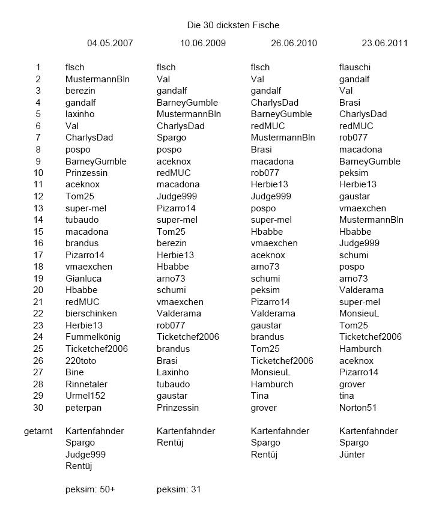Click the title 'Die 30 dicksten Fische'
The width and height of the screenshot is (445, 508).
coord(232,25)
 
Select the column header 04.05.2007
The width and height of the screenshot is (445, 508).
coord(110,43)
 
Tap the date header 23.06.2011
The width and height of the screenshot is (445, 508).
coord(384,43)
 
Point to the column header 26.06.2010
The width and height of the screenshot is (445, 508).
coord(294,43)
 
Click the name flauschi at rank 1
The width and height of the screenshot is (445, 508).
coord(356,67)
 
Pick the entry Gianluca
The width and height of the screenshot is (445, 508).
coord(83,279)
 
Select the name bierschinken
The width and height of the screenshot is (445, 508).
coord(91,313)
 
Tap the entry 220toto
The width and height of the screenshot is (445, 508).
coord(80,361)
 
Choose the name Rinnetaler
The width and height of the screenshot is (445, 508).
coord(86,384)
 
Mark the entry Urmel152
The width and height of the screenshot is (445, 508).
coord(85,396)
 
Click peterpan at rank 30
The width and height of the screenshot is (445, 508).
coord(83,408)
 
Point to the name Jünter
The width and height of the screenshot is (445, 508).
coord(352,455)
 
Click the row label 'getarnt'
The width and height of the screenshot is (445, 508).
coord(38,431)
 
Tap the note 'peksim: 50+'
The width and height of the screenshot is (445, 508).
coord(90,489)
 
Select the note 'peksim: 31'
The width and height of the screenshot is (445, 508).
coord(178,489)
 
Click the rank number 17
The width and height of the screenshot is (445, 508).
coord(38,255)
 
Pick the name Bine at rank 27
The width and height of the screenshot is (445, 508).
coord(74,372)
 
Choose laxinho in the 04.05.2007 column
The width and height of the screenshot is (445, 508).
coord(80,114)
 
